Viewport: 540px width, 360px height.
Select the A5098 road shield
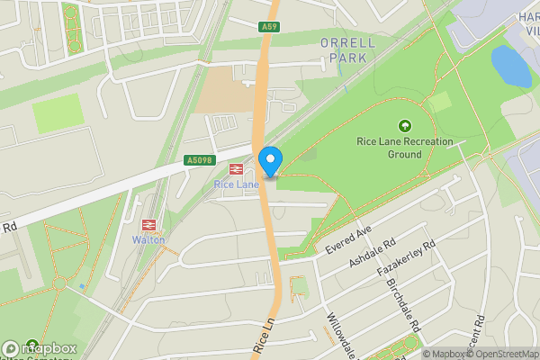tap(199, 160)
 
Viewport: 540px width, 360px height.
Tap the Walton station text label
tap(148, 239)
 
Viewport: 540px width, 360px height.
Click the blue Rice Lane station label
tap(236, 184)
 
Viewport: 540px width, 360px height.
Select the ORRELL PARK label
tap(342, 49)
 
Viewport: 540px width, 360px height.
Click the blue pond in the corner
tap(510, 66)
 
